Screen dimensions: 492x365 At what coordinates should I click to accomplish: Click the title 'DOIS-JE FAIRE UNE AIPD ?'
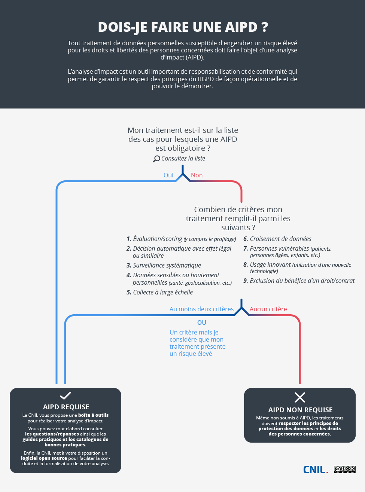click(x=183, y=27)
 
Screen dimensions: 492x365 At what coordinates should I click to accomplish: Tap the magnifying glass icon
click(x=156, y=159)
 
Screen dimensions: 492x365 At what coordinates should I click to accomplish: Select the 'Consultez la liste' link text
click(x=183, y=158)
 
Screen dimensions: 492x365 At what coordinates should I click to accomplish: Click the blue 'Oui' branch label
click(x=168, y=175)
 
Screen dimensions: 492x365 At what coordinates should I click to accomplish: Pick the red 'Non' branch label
click(x=197, y=175)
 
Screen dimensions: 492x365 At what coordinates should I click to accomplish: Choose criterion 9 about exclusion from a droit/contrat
click(x=299, y=281)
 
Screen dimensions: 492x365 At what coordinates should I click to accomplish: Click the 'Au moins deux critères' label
click(x=201, y=309)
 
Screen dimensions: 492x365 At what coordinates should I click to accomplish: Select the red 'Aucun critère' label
click(x=268, y=309)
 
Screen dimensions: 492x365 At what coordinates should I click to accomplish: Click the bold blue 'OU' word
click(x=202, y=323)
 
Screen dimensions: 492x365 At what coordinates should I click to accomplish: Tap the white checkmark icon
click(x=66, y=395)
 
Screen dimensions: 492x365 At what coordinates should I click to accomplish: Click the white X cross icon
click(x=300, y=397)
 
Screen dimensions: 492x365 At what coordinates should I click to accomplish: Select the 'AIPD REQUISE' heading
click(x=66, y=407)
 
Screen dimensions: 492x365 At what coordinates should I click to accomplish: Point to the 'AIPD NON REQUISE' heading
click(x=300, y=410)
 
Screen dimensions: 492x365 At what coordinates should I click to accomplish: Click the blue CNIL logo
click(x=315, y=470)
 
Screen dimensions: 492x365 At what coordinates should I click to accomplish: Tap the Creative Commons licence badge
click(x=345, y=470)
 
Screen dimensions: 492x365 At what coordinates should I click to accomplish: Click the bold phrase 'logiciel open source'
click(x=44, y=458)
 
